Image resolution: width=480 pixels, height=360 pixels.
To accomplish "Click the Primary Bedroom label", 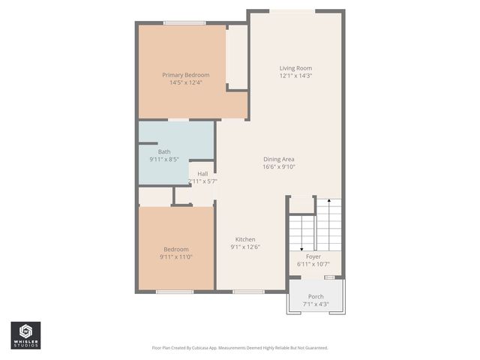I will coord(186,75).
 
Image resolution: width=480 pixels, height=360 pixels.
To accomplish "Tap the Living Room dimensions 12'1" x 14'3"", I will coord(295,76).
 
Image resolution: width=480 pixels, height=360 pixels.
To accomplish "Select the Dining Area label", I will coord(278,159).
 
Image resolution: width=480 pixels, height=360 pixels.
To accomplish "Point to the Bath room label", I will coord(163,151).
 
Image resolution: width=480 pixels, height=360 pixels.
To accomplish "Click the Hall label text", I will coord(202,174).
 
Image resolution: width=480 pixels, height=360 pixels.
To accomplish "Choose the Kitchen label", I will coord(245,239).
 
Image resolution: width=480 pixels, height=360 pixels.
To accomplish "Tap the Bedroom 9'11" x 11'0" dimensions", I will coord(176,257).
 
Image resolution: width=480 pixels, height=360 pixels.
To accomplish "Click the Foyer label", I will coord(313,256).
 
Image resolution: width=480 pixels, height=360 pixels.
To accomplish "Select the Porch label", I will coord(316,297).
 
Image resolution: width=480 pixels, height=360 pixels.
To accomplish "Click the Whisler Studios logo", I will coord(25,335).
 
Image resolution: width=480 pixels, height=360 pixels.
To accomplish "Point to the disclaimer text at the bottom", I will coord(240,348).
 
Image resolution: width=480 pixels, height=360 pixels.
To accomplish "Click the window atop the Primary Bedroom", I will coord(184,22).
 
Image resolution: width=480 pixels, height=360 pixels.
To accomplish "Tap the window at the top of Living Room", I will coord(293,10).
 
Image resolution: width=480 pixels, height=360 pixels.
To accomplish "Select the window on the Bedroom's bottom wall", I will coord(174,291).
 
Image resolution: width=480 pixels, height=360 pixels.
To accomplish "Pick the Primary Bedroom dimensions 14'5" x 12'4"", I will coord(186,82).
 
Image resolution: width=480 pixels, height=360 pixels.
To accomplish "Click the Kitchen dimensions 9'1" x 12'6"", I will coord(245,247).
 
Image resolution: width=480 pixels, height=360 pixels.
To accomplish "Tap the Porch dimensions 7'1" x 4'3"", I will coord(316,304).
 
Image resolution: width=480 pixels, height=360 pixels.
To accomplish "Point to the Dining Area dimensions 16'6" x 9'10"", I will coord(278,167).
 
